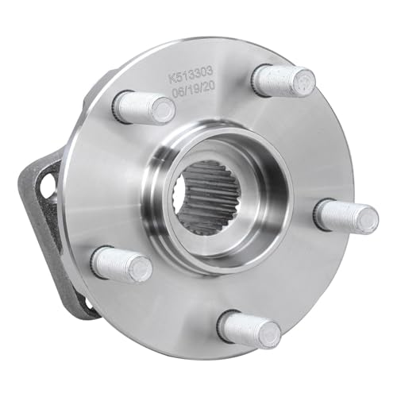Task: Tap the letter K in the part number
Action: click(x=172, y=79)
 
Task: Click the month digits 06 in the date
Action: click(x=177, y=93)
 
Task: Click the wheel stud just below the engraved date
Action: click(x=144, y=107)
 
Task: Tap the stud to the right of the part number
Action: click(x=283, y=80)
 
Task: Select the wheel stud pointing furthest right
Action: click(x=346, y=214)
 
